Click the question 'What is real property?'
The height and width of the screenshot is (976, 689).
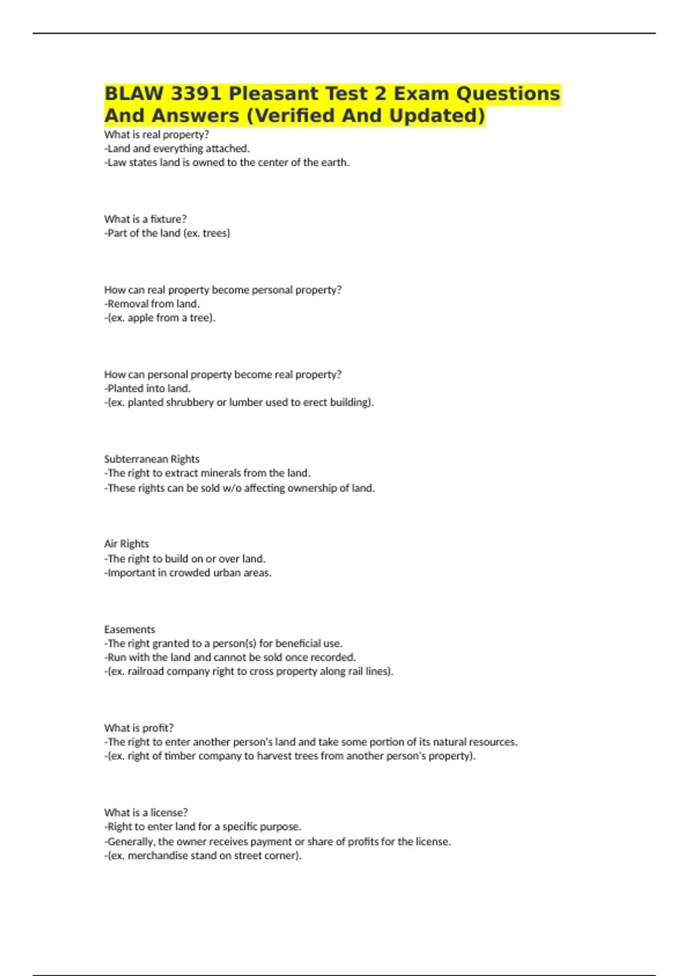pyautogui.click(x=156, y=134)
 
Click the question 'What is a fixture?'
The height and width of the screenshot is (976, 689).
pyautogui.click(x=145, y=219)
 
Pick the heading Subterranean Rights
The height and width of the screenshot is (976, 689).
pyautogui.click(x=152, y=459)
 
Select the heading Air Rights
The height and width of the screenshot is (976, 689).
pyautogui.click(x=126, y=544)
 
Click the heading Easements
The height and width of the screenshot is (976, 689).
pyautogui.click(x=129, y=629)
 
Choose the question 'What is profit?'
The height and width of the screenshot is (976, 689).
pyautogui.click(x=138, y=727)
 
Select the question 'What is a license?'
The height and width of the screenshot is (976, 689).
pyautogui.click(x=146, y=812)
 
